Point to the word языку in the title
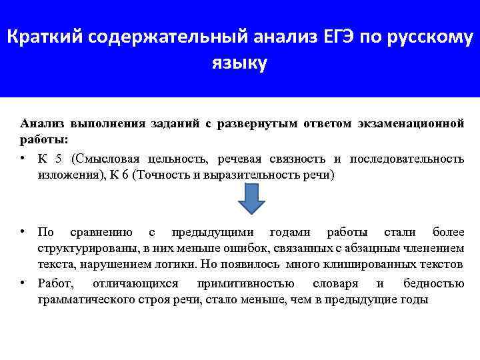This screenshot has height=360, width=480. tap(239, 63)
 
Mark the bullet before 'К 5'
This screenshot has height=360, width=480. tap(23, 158)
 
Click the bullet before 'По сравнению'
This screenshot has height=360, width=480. tap(23, 231)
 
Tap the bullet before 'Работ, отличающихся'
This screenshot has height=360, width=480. tap(23, 283)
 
